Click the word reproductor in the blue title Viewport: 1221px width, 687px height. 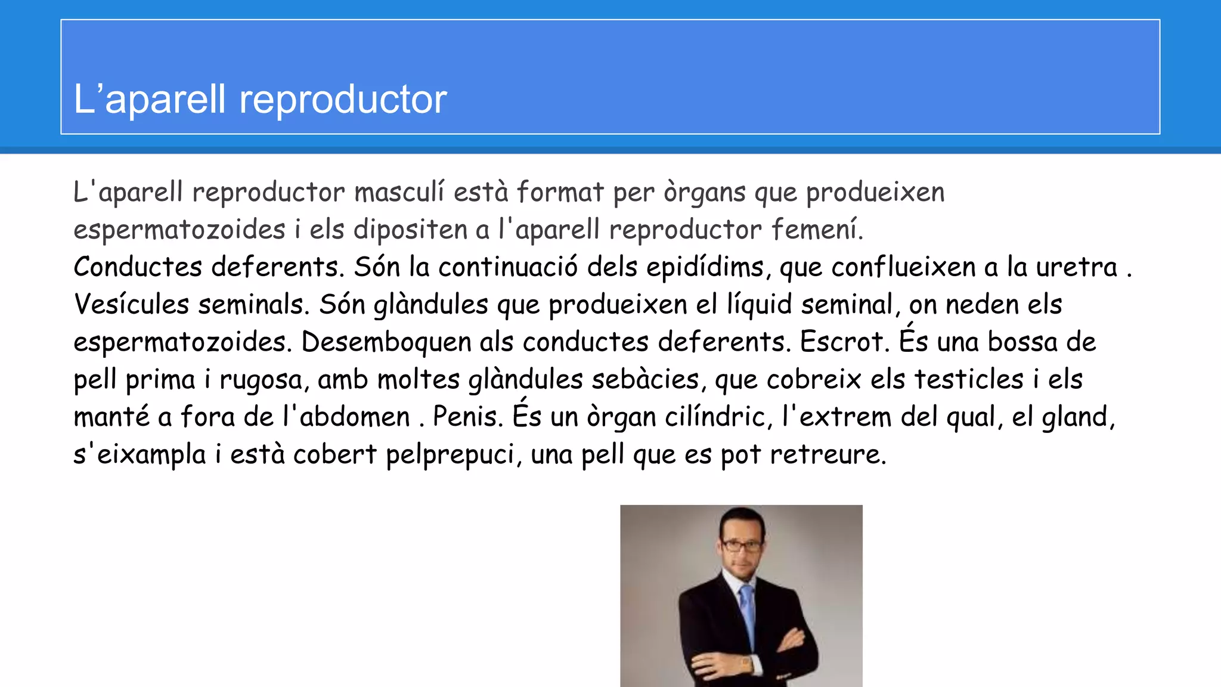tap(343, 100)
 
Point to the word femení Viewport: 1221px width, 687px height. tap(817, 230)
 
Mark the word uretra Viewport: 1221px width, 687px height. tap(1076, 268)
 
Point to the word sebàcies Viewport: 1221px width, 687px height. tap(646, 380)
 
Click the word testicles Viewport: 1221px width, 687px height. tap(969, 380)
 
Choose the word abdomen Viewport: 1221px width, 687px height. tap(355, 417)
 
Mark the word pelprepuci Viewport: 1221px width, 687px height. tap(451, 455)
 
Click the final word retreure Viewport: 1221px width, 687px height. tap(828, 455)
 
